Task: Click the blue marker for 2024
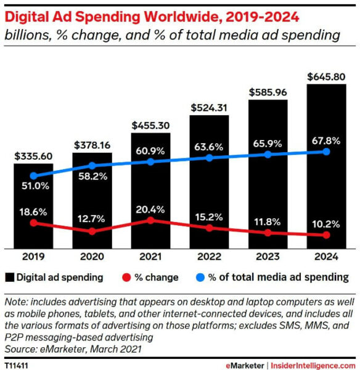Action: [326, 152]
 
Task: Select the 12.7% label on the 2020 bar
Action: [92, 216]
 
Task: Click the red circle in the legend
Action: [126, 277]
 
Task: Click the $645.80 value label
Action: [326, 77]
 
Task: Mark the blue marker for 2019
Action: [33, 176]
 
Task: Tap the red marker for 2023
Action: [268, 233]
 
